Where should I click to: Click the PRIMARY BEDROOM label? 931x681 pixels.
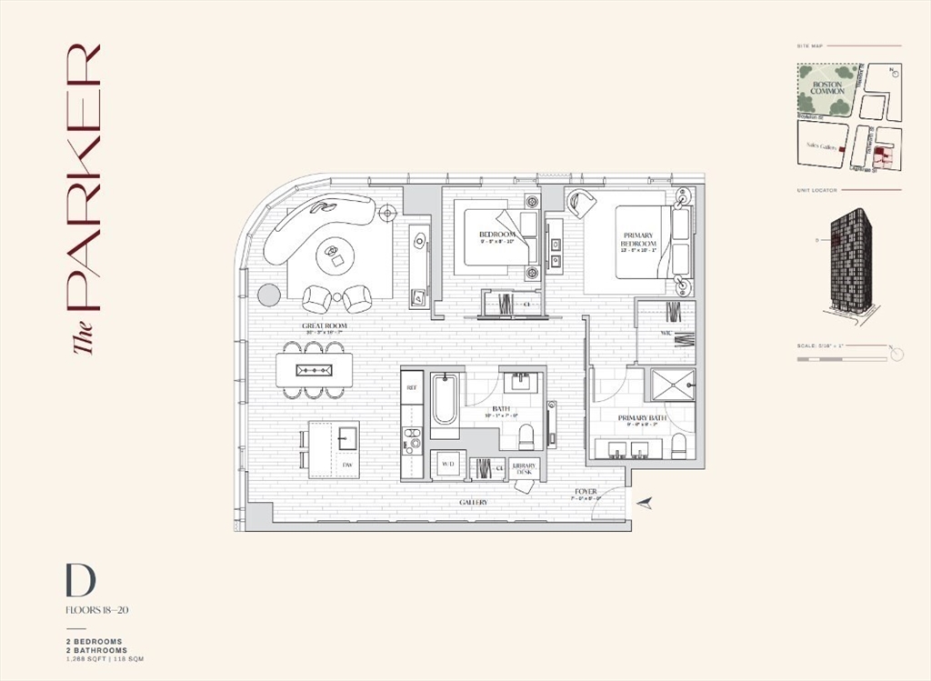(637, 240)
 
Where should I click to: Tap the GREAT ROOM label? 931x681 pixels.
(325, 326)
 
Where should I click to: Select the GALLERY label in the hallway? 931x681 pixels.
(473, 502)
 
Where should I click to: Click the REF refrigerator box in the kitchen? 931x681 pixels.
(412, 386)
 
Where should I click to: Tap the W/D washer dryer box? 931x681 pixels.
(447, 465)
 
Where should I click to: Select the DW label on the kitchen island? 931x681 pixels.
(346, 466)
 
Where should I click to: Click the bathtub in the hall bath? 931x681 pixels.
(445, 400)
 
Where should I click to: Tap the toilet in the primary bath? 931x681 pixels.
(678, 446)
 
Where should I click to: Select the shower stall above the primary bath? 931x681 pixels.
(670, 385)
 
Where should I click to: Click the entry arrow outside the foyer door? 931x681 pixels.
(645, 502)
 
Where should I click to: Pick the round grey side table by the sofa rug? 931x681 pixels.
(268, 295)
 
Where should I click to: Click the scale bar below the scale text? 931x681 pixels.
(841, 360)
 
